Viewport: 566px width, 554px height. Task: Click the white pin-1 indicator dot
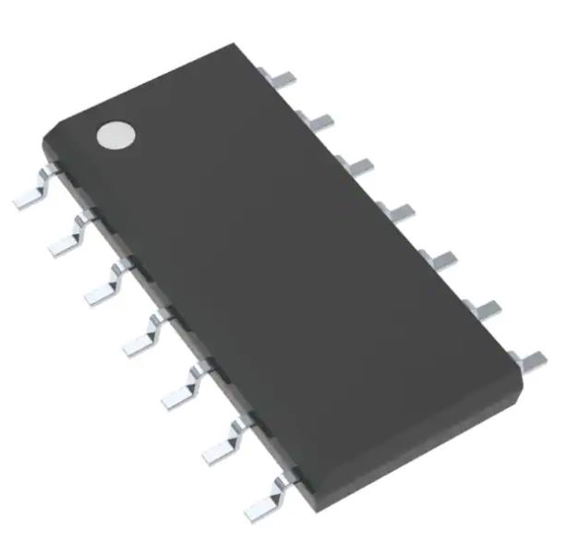(115, 135)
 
